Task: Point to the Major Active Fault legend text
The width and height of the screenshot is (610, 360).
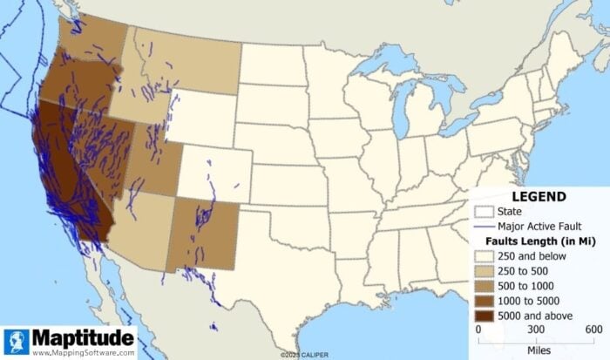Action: pyautogui.click(x=539, y=225)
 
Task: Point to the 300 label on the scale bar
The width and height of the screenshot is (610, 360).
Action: pyautogui.click(x=535, y=329)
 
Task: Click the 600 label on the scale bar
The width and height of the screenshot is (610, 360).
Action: pyautogui.click(x=593, y=329)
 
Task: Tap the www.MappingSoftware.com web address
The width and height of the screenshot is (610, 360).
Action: pyautogui.click(x=84, y=353)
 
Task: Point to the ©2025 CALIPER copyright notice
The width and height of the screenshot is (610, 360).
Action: pyautogui.click(x=305, y=355)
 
